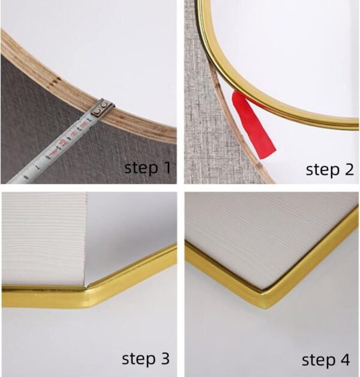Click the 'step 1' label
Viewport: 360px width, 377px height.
coord(148,167)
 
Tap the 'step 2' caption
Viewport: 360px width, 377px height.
coord(330,169)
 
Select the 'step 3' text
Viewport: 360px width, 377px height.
coord(146,358)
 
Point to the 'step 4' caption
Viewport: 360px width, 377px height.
coord(326,360)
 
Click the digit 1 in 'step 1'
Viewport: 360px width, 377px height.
coord(167,167)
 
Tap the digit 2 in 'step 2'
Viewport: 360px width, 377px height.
coord(349,169)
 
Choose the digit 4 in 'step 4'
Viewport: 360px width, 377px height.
coord(344,360)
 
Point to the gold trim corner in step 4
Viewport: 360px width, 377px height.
coord(267,299)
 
